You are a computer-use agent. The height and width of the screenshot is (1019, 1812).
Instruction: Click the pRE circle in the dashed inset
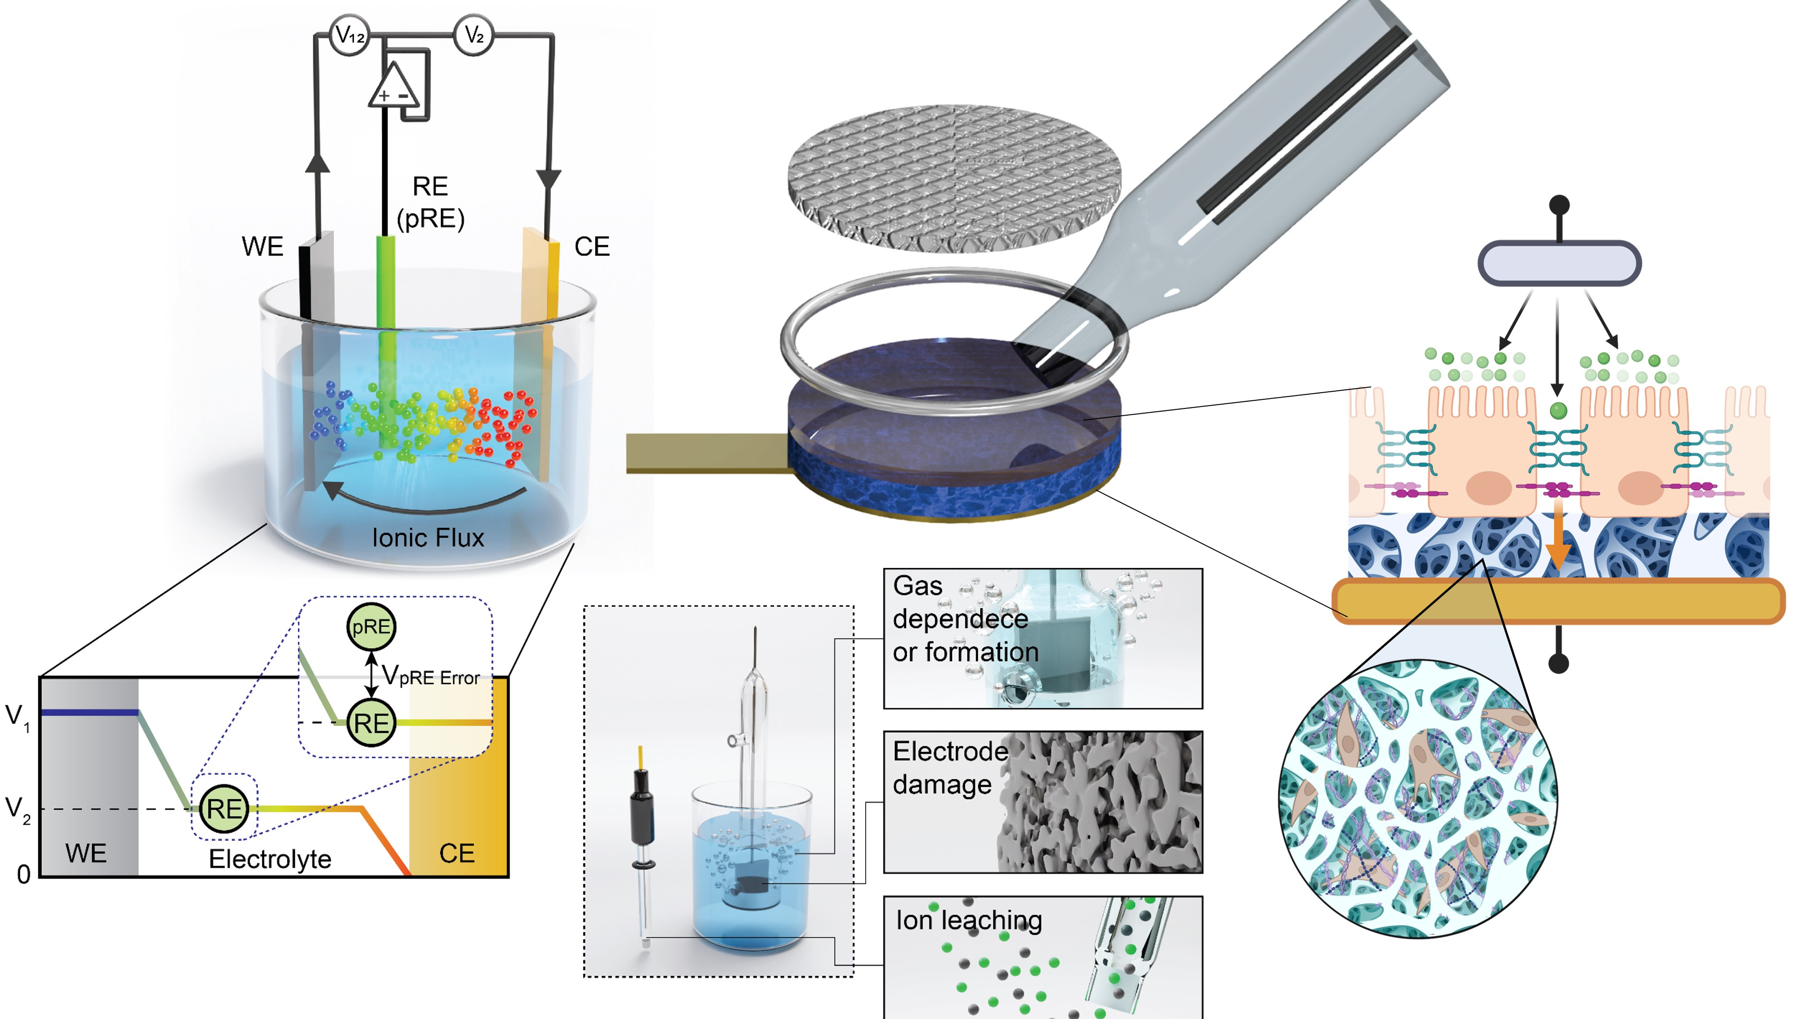pos(371,626)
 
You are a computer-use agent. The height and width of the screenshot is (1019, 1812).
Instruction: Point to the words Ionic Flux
pos(428,538)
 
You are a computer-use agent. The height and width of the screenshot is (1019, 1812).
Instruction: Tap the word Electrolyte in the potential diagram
pos(270,859)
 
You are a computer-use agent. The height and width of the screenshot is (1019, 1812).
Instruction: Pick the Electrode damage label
pos(950,768)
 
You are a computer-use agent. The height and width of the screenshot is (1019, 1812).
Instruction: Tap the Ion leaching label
pos(969,920)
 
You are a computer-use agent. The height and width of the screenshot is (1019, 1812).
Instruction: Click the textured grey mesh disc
pos(954,178)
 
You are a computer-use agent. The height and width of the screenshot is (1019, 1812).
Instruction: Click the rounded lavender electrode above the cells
pos(1560,263)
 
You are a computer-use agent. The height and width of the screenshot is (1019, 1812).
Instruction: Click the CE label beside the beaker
pos(592,247)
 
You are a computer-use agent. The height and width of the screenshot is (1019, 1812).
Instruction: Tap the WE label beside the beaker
pos(263,247)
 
